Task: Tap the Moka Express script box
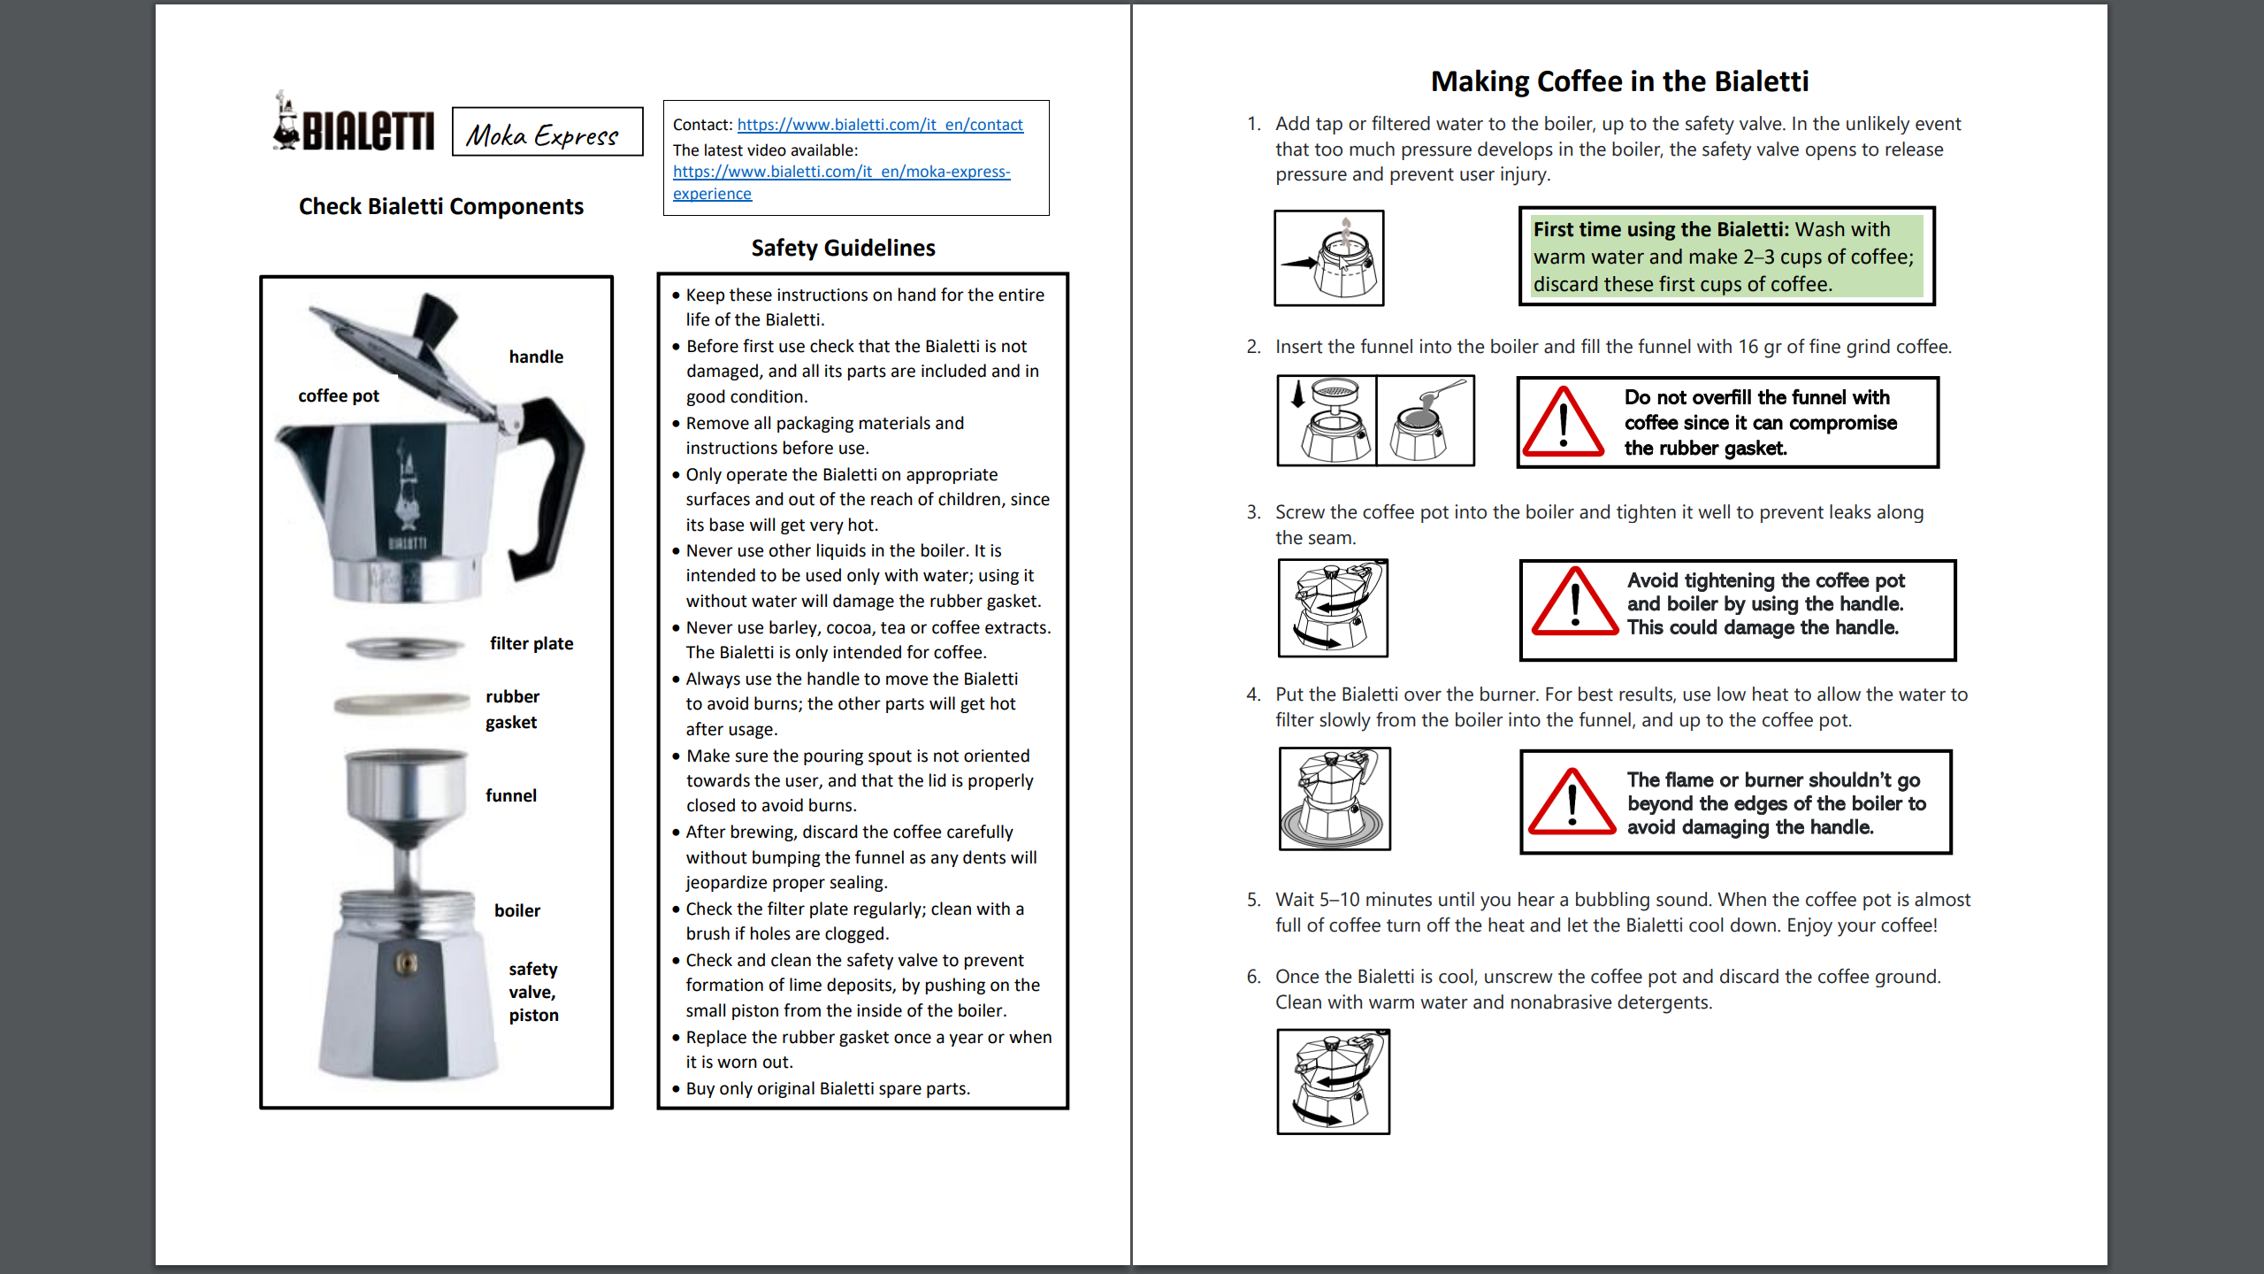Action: (x=547, y=133)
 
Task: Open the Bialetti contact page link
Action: (x=880, y=125)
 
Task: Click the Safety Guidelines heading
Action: (x=843, y=248)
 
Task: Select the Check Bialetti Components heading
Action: (x=440, y=206)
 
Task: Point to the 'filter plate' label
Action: (x=532, y=643)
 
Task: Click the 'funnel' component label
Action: (x=511, y=795)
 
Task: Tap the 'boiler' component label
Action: (x=517, y=910)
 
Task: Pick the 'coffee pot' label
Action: (x=338, y=395)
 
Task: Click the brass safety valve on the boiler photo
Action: (x=406, y=963)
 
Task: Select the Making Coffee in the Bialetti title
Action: (x=1619, y=81)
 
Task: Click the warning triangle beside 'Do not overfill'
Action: (x=1563, y=423)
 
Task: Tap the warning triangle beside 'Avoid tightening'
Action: (x=1575, y=605)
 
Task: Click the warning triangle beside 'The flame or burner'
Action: (x=1572, y=803)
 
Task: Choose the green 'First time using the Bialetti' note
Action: (x=1726, y=257)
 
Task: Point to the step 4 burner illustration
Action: (x=1335, y=799)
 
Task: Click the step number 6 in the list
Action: (x=1253, y=977)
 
